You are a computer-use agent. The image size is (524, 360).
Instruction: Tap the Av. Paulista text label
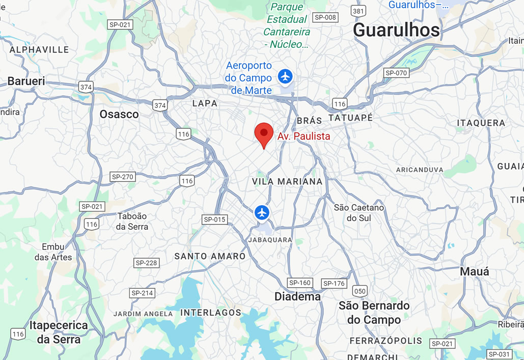click(304, 136)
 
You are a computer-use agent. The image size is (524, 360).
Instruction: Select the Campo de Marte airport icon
click(285, 77)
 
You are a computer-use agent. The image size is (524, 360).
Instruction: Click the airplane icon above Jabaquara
click(262, 212)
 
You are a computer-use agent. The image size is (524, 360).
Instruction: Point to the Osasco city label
click(119, 114)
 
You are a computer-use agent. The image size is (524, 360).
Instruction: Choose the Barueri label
click(26, 81)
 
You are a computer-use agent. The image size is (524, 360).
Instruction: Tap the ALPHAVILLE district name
click(39, 49)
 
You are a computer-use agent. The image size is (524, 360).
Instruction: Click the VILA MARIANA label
click(287, 181)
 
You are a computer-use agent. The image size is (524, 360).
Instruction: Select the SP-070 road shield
click(396, 73)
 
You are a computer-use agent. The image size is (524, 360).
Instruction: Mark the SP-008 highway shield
click(325, 17)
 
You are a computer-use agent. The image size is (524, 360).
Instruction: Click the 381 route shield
click(358, 11)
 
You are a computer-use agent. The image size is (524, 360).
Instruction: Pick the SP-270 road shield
click(123, 177)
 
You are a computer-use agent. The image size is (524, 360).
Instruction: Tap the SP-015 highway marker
click(214, 219)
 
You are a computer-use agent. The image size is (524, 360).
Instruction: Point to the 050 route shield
click(360, 291)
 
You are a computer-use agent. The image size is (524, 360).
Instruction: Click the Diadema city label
click(297, 296)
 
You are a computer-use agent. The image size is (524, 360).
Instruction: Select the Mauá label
click(474, 271)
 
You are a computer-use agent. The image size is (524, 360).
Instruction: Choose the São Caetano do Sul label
click(358, 213)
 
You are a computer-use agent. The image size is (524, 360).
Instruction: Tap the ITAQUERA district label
click(481, 123)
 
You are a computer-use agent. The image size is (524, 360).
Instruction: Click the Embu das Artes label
click(53, 252)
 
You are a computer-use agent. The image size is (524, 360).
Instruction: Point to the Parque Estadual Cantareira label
click(287, 25)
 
